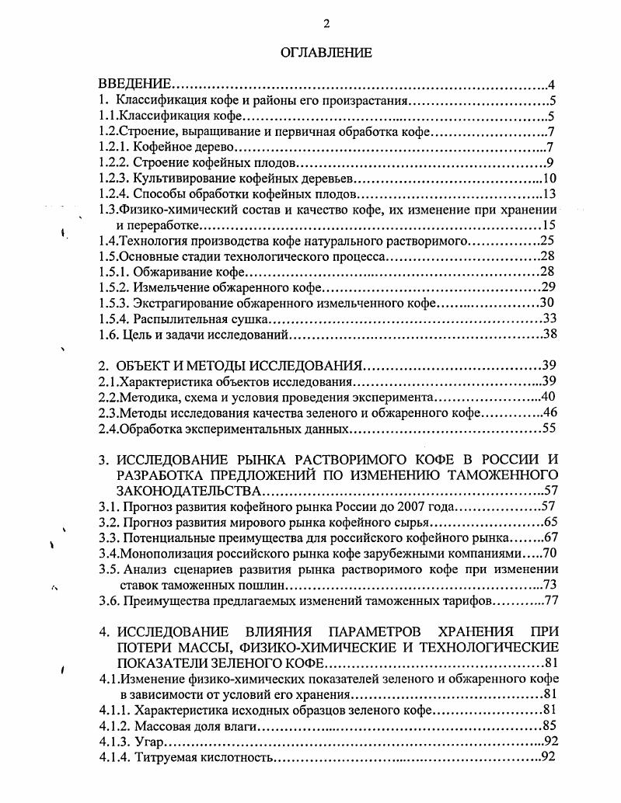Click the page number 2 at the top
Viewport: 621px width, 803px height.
[326, 23]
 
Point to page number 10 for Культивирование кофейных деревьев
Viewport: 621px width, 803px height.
[547, 178]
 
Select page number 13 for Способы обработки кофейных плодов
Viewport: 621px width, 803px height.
[547, 193]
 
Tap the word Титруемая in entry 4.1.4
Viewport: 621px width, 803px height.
[163, 757]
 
